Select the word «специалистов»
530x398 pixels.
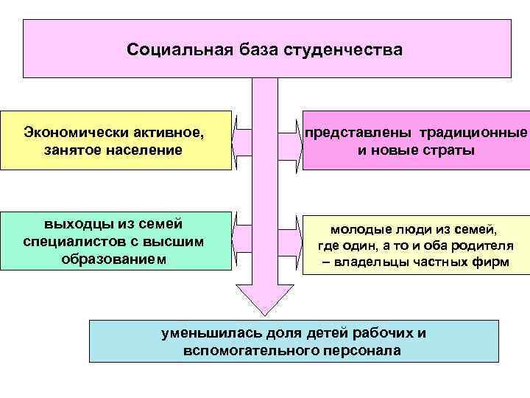[68, 242]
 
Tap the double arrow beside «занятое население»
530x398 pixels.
[244, 140]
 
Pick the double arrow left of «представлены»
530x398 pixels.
[289, 140]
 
